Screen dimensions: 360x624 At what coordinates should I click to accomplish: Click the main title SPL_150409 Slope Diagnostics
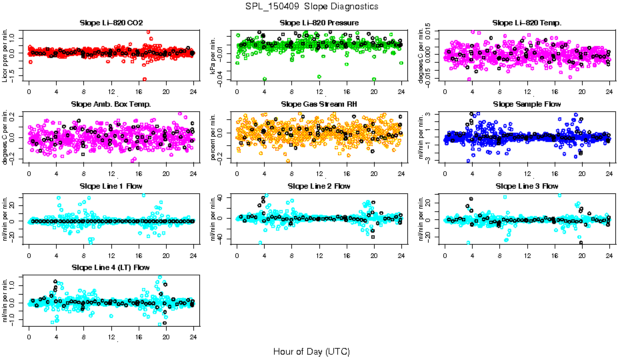coord(311,6)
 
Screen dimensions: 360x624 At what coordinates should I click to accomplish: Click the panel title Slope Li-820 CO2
coord(111,23)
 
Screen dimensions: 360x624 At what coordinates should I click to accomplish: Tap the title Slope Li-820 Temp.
coord(527,23)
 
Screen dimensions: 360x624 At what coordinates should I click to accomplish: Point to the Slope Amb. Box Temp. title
coord(111,105)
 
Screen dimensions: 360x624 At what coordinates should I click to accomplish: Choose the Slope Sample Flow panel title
coord(527,105)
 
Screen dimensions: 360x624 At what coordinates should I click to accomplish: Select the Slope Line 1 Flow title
coord(111,186)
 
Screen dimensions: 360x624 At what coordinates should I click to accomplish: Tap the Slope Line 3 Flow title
coord(527,186)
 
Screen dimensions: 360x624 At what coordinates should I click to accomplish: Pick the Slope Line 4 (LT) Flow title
coord(111,267)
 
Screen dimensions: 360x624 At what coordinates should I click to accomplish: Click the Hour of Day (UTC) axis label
coord(311,351)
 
